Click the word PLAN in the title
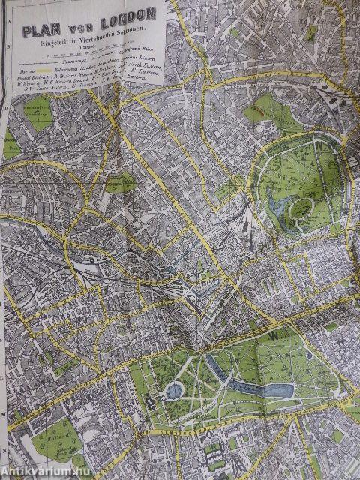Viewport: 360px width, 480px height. coord(42,31)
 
